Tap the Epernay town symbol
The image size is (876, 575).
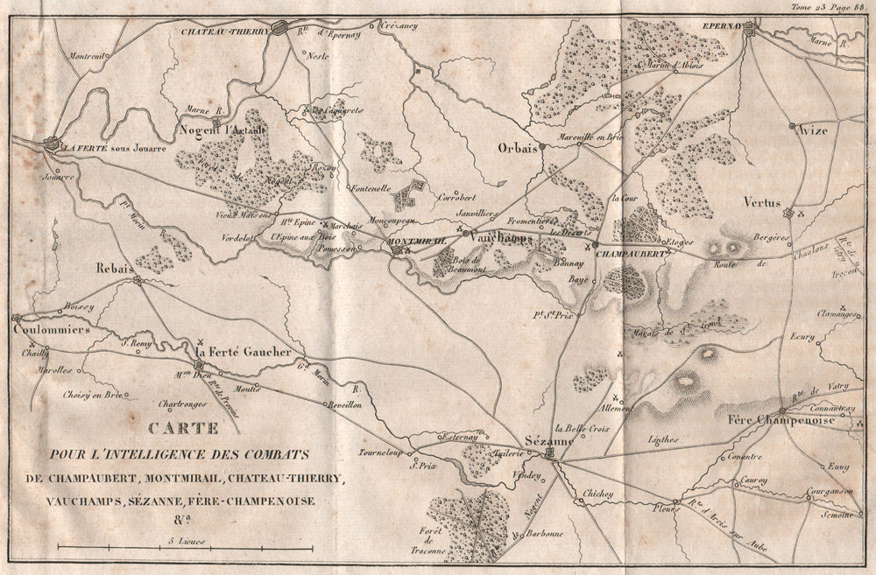(750, 28)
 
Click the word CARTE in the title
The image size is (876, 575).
(181, 429)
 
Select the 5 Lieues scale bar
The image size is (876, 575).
(185, 548)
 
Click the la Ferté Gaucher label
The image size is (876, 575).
(243, 352)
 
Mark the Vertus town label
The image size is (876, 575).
(761, 202)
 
